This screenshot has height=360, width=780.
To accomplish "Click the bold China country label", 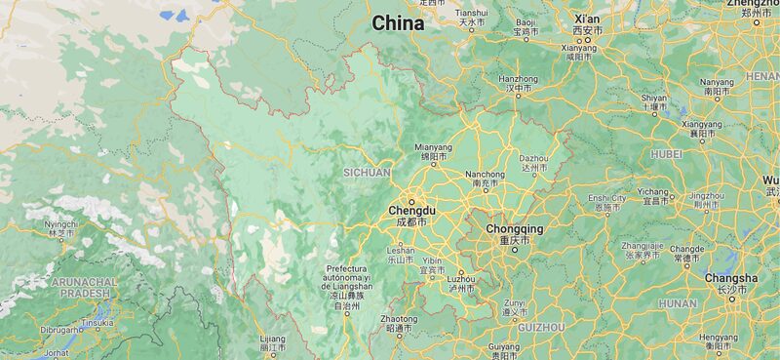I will click(398, 23).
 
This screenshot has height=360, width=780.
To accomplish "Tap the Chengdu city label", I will click(412, 211).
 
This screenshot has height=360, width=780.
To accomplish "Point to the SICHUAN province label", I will click(367, 173).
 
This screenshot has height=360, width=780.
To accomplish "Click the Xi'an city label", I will click(587, 20).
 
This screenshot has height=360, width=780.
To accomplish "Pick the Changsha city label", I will click(731, 278).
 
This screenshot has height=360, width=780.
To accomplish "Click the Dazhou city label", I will click(533, 158).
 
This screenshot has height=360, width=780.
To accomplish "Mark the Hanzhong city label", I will click(518, 79).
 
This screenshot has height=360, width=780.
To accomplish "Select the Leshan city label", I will click(401, 251).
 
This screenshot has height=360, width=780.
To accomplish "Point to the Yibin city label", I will click(432, 261).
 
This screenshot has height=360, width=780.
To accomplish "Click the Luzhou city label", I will click(461, 279).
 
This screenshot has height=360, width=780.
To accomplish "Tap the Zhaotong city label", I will click(399, 319).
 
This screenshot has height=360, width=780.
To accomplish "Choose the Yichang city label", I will click(653, 192).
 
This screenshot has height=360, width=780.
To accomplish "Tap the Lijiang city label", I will click(273, 339).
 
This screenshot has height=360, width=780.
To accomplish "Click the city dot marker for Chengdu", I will click(412, 201).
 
